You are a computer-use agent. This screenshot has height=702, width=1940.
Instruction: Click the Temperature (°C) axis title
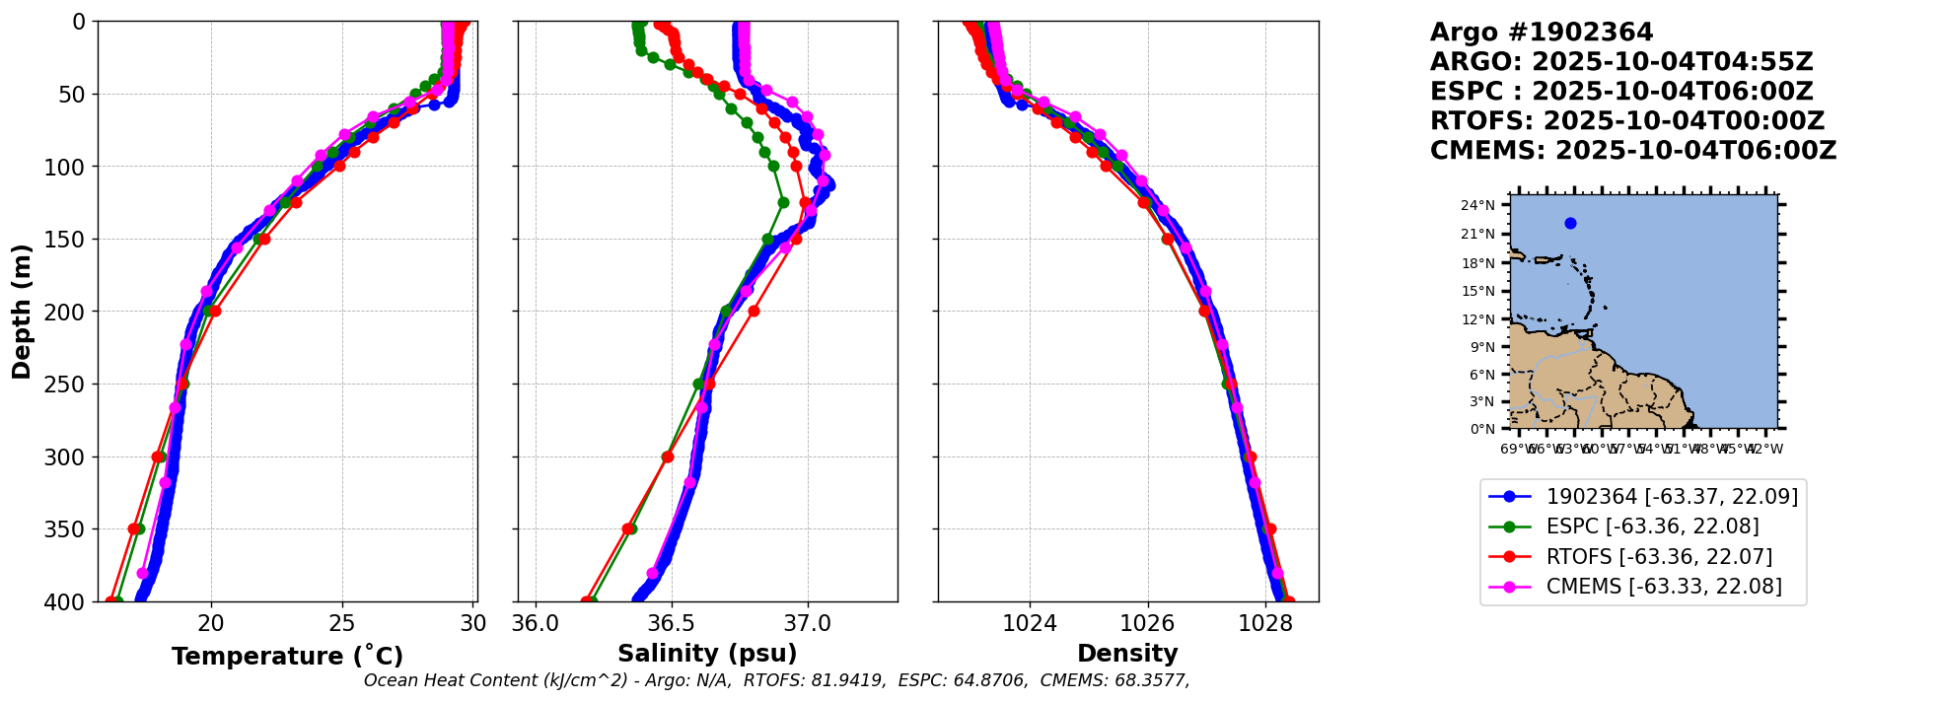click(287, 657)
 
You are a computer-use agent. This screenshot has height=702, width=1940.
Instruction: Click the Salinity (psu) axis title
click(707, 654)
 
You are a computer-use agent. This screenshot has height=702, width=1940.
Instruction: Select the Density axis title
click(1127, 654)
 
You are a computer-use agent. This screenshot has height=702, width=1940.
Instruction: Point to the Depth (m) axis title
click(22, 311)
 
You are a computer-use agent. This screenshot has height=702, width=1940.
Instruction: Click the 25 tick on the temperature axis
click(342, 623)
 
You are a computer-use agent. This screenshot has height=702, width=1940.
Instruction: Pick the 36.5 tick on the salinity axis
click(672, 623)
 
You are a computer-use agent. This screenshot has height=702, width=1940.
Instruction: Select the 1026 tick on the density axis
click(1148, 623)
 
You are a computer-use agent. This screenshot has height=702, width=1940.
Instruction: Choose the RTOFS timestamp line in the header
click(1627, 121)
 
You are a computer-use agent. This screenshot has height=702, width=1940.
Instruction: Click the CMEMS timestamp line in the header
click(1633, 151)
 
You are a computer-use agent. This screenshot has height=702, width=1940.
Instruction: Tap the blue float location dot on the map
click(1570, 223)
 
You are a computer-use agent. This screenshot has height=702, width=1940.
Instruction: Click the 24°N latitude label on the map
click(1477, 205)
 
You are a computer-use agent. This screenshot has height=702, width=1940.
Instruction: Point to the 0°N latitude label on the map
click(1481, 429)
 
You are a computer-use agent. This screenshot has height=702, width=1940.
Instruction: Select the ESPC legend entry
click(1652, 526)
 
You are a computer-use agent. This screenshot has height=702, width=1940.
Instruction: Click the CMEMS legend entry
click(1664, 587)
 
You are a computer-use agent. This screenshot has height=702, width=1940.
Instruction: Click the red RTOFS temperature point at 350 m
click(134, 529)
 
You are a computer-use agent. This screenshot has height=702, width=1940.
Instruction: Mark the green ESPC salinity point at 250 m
click(698, 385)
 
